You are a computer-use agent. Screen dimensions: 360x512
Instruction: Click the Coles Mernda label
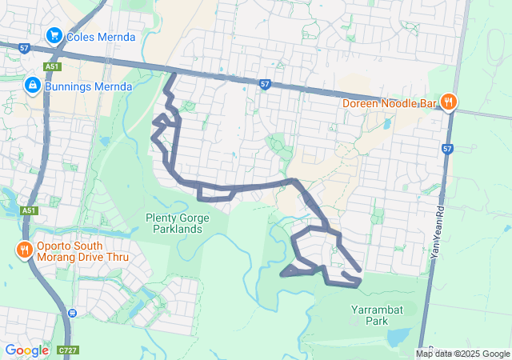coord(101,36)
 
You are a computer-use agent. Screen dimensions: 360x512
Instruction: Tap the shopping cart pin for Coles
coord(54,35)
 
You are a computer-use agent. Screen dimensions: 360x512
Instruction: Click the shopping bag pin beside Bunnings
coord(33,84)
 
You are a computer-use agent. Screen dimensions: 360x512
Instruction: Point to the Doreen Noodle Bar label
coord(390,103)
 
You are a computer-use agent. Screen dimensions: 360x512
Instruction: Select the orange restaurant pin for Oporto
coord(25,250)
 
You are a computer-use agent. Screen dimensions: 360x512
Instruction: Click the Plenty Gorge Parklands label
coord(178,223)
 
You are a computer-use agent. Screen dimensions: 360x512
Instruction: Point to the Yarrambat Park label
coord(369,314)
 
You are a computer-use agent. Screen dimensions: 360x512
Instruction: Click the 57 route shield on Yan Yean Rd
coord(447,149)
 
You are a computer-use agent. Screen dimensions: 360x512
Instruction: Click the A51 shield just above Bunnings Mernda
coord(52,66)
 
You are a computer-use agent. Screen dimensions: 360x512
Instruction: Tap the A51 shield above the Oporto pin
coord(30,210)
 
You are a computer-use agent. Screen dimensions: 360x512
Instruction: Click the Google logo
coord(26,350)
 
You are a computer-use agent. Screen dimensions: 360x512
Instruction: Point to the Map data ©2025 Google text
coord(462,354)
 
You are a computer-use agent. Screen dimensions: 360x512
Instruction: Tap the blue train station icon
coord(73,312)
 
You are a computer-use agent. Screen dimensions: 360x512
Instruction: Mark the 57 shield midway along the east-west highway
coord(265,83)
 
